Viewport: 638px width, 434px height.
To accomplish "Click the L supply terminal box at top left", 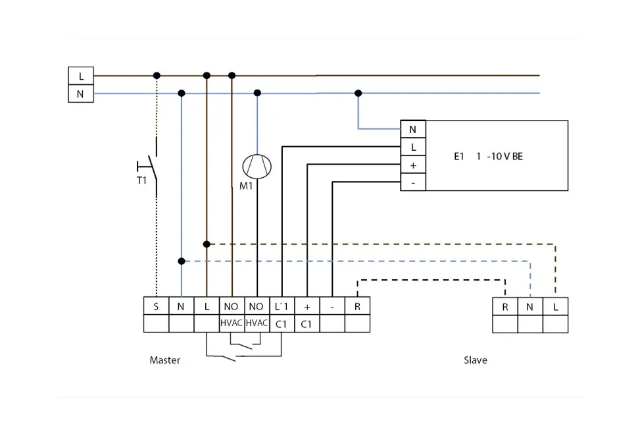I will pyautogui.click(x=81, y=76).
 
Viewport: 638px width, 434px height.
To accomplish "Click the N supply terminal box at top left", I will pyautogui.click(x=81, y=94).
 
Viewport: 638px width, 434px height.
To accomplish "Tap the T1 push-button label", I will pyautogui.click(x=141, y=180).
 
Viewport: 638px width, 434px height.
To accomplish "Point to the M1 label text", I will pyautogui.click(x=246, y=186).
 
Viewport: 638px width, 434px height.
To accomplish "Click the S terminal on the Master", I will pyautogui.click(x=156, y=306).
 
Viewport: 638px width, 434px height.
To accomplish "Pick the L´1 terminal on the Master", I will pyautogui.click(x=282, y=306).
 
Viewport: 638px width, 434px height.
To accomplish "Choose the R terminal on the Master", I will pyautogui.click(x=357, y=306).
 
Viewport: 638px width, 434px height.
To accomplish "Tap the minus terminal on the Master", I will pyautogui.click(x=332, y=306).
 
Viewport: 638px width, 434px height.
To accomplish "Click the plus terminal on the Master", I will pyautogui.click(x=307, y=306).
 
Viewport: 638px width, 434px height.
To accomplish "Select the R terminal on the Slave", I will pyautogui.click(x=505, y=306).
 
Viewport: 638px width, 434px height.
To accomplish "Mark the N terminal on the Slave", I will pyautogui.click(x=530, y=306).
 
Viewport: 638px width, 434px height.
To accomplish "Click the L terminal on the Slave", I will pyautogui.click(x=555, y=306).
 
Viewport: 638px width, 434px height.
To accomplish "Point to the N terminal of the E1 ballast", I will pyautogui.click(x=413, y=130).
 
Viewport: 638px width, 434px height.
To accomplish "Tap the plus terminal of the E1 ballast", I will pyautogui.click(x=413, y=165).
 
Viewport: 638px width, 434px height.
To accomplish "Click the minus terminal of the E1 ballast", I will pyautogui.click(x=413, y=182).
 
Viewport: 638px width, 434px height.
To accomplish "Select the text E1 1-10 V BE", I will pyautogui.click(x=488, y=157).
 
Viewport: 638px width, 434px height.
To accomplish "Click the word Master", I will pyautogui.click(x=164, y=360).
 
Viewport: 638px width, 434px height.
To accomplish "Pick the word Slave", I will pyautogui.click(x=476, y=360).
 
